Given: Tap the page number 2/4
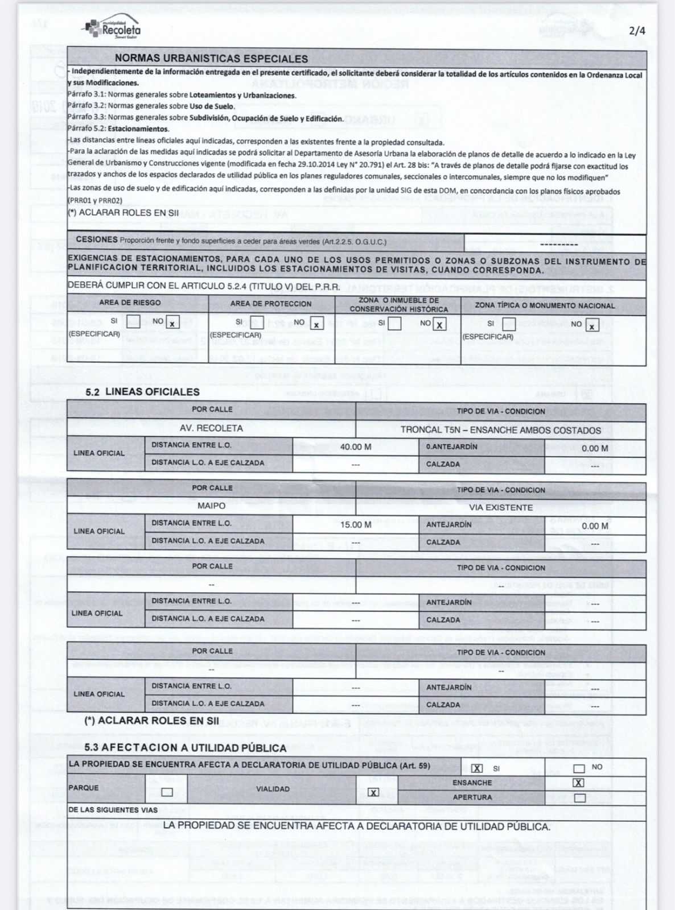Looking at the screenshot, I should click(x=637, y=31).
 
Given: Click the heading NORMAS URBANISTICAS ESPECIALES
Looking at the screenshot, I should click(x=211, y=59).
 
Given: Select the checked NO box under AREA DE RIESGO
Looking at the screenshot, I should click(x=172, y=323).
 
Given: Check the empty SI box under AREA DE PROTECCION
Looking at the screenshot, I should click(x=257, y=322).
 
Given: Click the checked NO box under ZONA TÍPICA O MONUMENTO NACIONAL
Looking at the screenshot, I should click(x=592, y=325).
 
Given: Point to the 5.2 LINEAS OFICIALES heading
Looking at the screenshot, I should click(x=142, y=392).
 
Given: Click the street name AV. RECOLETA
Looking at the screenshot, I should click(x=211, y=428).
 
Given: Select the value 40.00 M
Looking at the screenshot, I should click(x=356, y=447).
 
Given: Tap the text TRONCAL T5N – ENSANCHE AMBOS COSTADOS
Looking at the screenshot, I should click(x=500, y=430).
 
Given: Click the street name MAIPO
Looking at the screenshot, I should click(x=211, y=506).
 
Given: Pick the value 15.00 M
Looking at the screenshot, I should click(x=356, y=524).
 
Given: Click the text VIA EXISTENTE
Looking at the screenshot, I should click(x=501, y=507).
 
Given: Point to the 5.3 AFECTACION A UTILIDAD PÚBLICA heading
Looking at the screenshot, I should click(x=185, y=747).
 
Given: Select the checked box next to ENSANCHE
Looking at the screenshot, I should click(x=578, y=783).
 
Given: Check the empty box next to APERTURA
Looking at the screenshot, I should click(x=579, y=798).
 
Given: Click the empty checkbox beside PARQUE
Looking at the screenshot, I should click(x=167, y=792).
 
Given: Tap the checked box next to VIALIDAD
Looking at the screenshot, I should click(x=373, y=792).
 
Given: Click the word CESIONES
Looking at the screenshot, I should click(x=97, y=239).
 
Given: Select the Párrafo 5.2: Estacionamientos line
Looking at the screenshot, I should click(x=118, y=129).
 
